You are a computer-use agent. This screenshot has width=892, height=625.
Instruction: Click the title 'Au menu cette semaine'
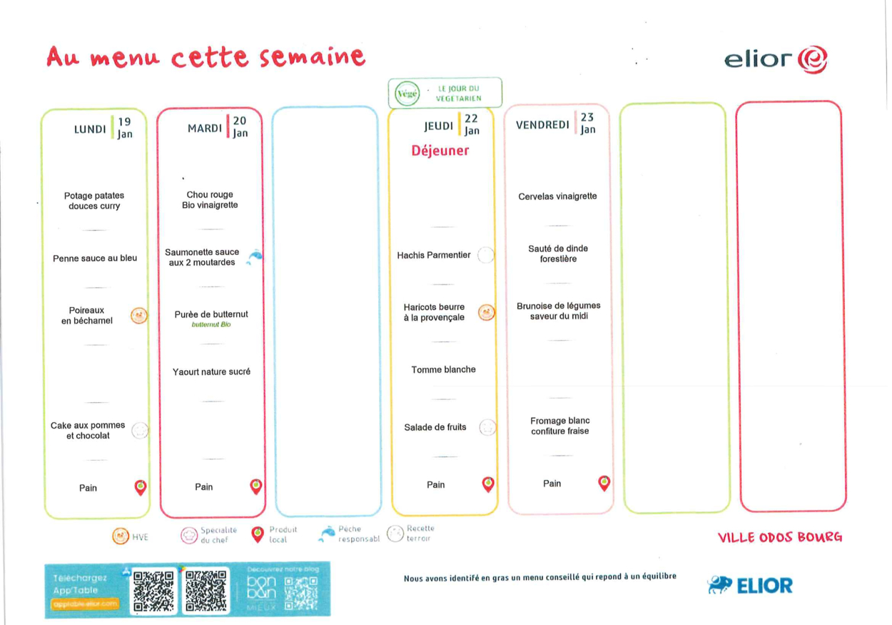(206, 57)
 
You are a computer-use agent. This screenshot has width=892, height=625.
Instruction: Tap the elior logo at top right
(775, 60)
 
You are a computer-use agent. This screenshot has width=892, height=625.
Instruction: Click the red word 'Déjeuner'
(440, 151)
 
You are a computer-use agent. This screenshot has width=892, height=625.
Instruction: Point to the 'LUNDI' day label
(90, 129)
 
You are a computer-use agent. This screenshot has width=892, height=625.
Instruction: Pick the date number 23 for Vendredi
(587, 117)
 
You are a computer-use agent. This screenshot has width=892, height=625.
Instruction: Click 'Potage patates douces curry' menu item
(94, 201)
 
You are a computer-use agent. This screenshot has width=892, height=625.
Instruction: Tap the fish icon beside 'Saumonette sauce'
(255, 257)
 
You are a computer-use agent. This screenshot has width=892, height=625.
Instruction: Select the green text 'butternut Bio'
(211, 324)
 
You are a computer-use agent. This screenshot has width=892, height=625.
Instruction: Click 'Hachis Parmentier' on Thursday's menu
(434, 255)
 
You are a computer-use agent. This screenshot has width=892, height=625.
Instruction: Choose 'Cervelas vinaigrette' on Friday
(557, 196)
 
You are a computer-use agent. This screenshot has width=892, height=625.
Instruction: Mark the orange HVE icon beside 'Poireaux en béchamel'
(139, 316)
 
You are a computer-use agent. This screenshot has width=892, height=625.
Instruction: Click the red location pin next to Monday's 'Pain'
(141, 488)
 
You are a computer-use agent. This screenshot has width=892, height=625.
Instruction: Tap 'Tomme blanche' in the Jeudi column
(443, 369)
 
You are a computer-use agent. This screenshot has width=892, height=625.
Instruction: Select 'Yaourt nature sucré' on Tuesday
(211, 371)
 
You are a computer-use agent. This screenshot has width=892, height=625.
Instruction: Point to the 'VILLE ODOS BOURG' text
(779, 537)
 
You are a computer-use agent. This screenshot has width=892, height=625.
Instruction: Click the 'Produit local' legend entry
(274, 534)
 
